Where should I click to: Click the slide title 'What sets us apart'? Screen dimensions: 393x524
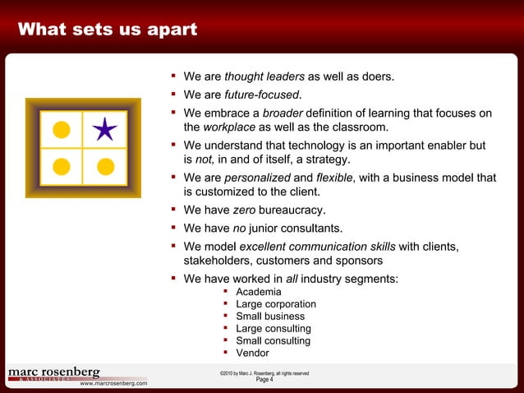[108, 30]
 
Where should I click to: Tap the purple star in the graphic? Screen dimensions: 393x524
[104, 129]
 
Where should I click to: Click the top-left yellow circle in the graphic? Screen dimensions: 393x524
[62, 129]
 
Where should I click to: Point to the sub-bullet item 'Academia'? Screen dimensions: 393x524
[258, 292]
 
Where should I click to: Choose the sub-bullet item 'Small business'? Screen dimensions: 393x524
[270, 317]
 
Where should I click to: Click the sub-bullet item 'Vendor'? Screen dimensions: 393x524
[252, 354]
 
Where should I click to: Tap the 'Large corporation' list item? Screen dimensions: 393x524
[276, 304]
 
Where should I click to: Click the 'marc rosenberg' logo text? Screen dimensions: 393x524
[53, 372]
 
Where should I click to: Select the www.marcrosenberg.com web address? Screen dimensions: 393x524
[113, 383]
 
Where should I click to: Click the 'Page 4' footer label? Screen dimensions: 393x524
[264, 380]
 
